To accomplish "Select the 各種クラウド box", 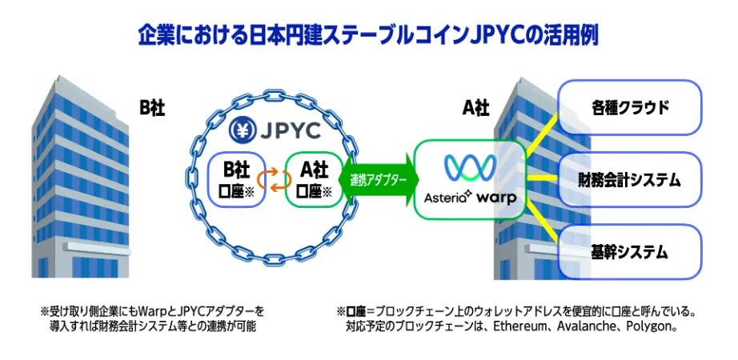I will point(630,107).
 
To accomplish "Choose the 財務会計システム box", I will point(630,180).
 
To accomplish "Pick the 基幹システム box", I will point(630,252).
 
